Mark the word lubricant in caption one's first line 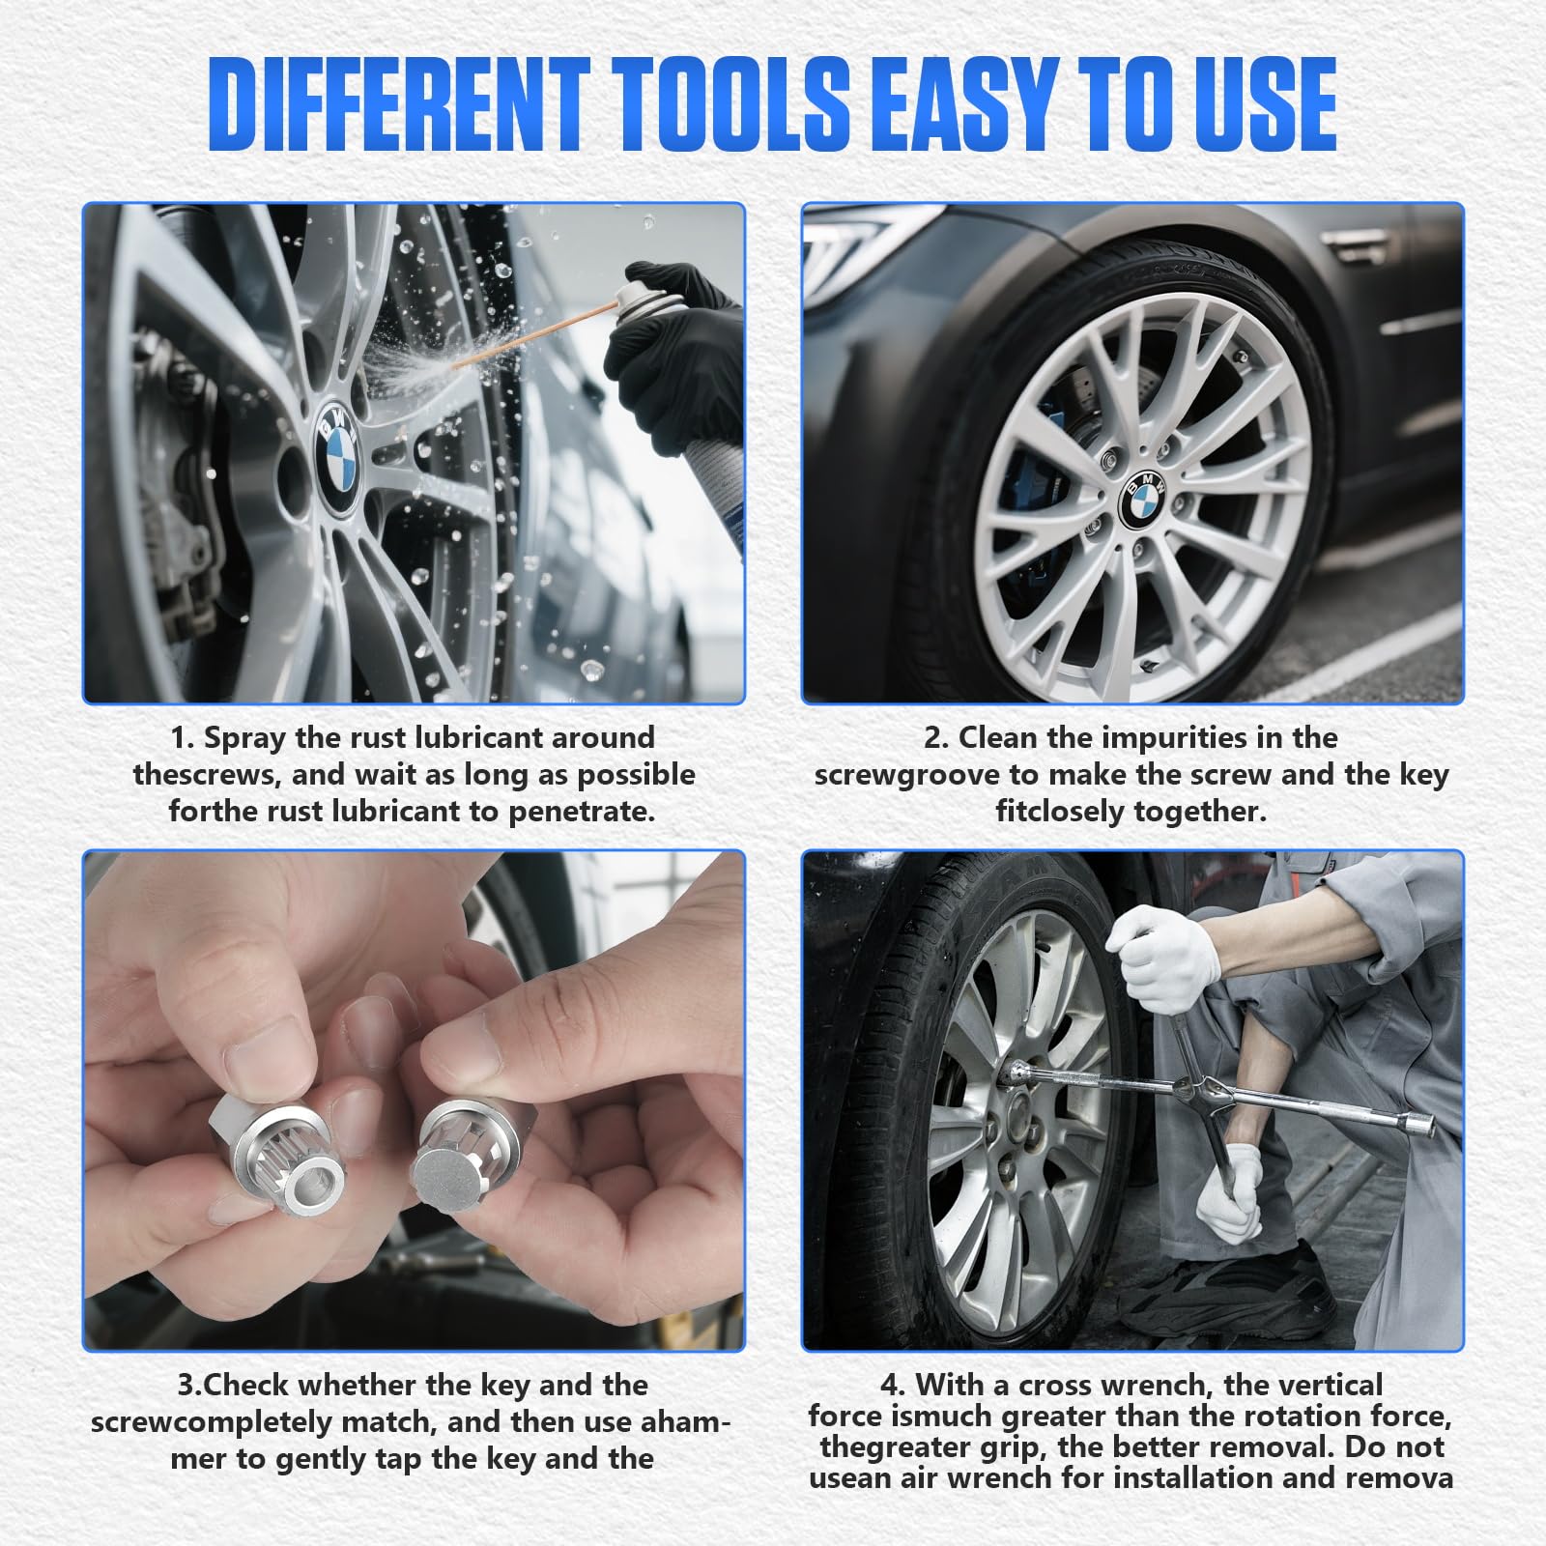477,738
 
